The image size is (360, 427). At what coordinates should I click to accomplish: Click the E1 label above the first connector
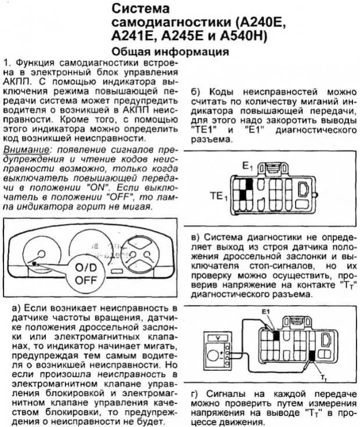[247, 166]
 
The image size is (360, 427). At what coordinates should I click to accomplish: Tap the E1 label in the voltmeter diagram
[267, 313]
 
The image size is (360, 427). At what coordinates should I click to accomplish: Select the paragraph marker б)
[194, 92]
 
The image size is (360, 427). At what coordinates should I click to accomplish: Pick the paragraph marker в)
[194, 237]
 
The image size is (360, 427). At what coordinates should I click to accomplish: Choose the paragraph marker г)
[194, 394]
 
